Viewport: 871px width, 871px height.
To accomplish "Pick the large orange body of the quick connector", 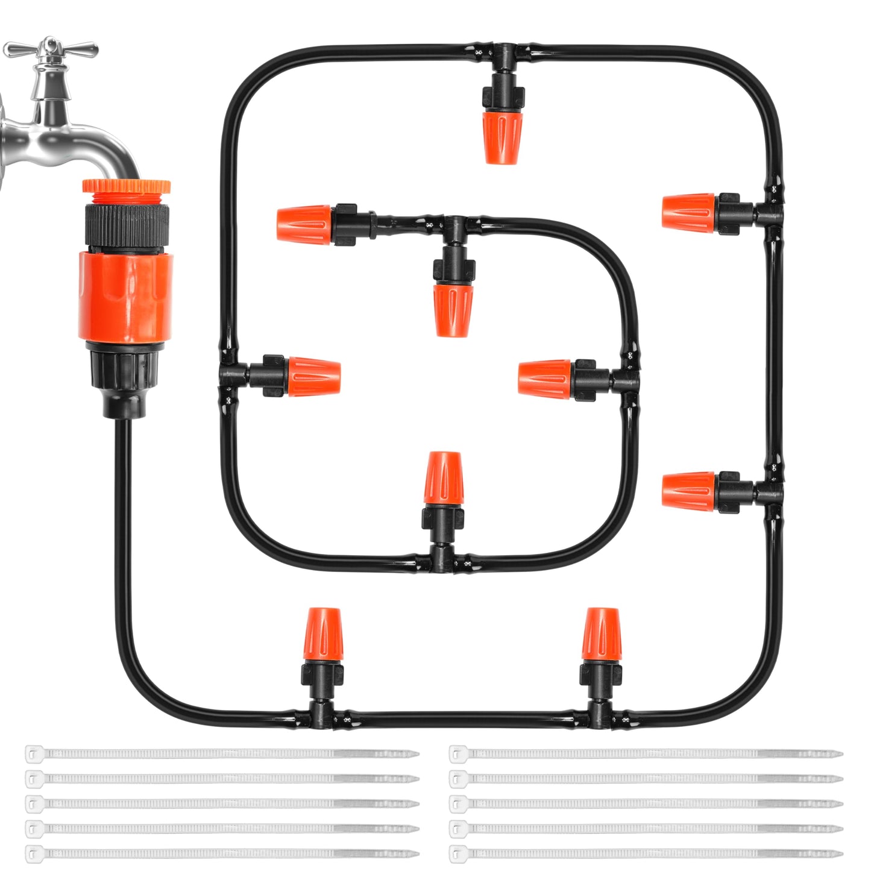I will (x=126, y=295).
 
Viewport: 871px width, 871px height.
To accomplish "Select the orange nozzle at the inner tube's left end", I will (x=304, y=224).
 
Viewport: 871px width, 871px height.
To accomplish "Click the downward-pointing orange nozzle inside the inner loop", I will (x=453, y=309).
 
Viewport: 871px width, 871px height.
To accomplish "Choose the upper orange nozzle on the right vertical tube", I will (x=688, y=212).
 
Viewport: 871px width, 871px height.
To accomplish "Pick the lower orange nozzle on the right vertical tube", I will (x=688, y=492).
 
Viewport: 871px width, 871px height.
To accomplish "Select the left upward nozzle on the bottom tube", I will (x=325, y=633).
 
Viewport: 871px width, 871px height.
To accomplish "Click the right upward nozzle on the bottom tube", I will (x=601, y=633).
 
